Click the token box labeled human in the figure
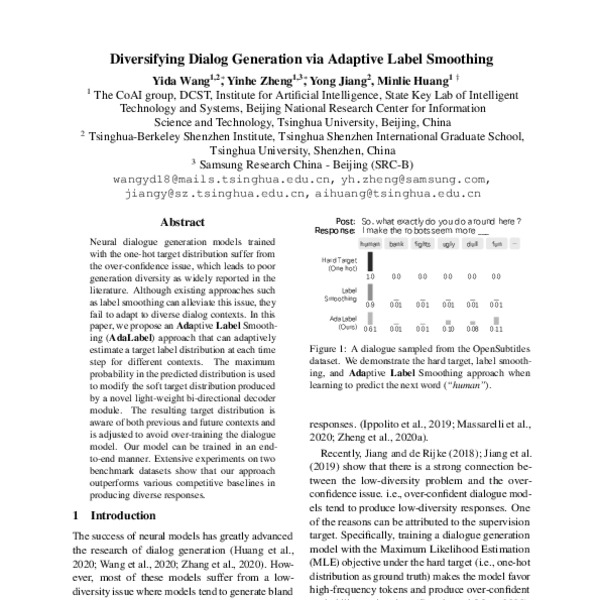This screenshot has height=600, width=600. (x=370, y=243)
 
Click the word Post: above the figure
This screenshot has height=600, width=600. (x=346, y=220)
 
